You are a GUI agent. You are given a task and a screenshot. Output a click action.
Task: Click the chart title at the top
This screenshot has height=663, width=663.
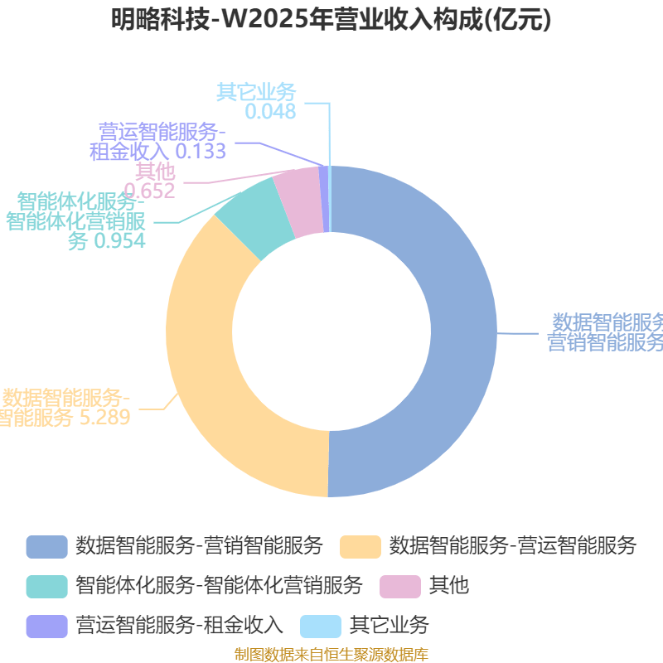[331, 19]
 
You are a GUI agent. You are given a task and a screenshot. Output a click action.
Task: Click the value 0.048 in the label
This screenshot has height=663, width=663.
[270, 111]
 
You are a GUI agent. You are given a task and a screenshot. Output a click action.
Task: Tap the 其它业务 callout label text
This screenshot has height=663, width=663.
[256, 92]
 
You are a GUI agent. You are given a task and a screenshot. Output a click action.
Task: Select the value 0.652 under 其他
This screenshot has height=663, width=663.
[156, 191]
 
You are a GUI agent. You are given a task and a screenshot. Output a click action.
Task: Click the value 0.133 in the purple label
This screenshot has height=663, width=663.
[201, 151]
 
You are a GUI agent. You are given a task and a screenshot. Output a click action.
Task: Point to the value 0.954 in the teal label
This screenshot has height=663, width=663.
[119, 240]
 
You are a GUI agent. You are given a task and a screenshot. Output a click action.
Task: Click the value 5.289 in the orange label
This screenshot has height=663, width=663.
[104, 417]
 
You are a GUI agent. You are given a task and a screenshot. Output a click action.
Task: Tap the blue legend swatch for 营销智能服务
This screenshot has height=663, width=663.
[46, 546]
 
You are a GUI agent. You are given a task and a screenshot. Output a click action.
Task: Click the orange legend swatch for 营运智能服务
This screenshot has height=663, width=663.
[361, 546]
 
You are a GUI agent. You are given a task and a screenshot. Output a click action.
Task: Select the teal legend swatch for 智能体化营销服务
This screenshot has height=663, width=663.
[46, 586]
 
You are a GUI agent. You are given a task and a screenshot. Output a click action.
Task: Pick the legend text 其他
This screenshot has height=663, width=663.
[448, 586]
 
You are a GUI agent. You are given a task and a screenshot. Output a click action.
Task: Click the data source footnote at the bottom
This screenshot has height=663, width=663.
[331, 655]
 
